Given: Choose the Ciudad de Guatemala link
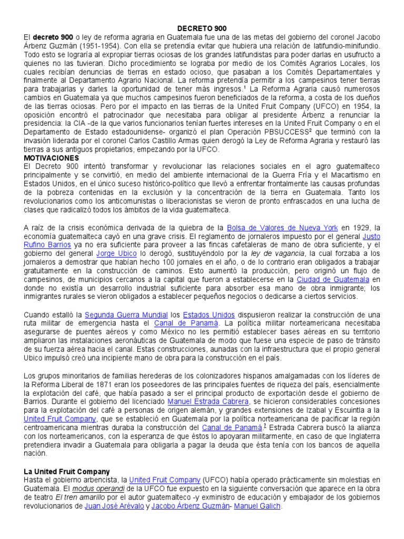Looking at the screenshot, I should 333,278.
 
